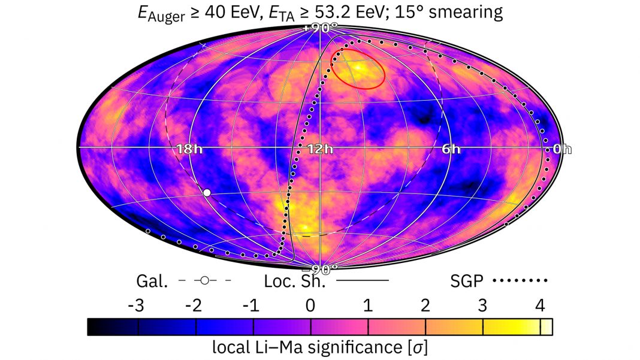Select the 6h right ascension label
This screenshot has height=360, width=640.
coord(452,150)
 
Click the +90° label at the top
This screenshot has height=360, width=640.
coord(319,27)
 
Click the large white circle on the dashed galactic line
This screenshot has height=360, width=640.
coord(207,192)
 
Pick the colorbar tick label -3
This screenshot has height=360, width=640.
coord(136,306)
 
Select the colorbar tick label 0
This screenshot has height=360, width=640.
coord(310,306)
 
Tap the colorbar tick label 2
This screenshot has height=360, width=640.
coord(425,306)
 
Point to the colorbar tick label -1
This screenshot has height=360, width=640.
coord(251,306)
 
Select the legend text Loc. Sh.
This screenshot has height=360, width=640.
coord(295,280)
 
